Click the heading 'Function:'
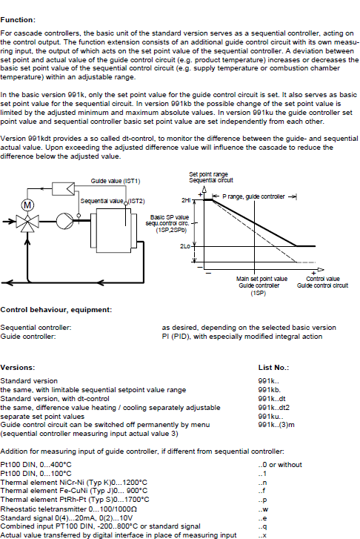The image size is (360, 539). (18, 20)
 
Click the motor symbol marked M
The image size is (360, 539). (28, 205)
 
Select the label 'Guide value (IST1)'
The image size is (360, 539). (116, 181)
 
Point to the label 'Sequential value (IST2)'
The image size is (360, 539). (113, 201)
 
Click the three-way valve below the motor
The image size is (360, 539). (27, 222)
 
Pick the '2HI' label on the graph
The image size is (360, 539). (186, 199)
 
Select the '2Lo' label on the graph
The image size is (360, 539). (185, 246)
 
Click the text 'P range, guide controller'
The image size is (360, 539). (253, 196)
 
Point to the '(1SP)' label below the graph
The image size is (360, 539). (258, 293)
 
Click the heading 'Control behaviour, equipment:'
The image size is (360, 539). (56, 310)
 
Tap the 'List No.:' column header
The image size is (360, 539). (273, 368)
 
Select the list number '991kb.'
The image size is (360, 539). (270, 390)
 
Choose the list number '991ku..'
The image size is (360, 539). (270, 417)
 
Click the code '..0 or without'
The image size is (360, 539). (280, 465)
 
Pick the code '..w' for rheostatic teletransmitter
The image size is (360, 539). (263, 509)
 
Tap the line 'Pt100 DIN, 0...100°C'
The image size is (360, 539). (36, 474)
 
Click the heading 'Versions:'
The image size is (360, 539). (18, 368)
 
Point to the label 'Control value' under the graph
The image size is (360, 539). (322, 279)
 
